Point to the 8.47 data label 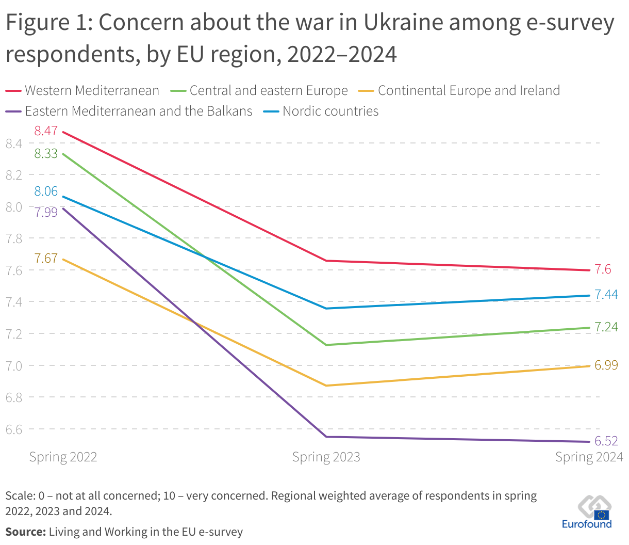46,131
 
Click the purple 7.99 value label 46,212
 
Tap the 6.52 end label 606,441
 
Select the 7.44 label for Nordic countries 606,295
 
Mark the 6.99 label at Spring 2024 606,365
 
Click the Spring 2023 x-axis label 326,457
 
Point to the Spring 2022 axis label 63,457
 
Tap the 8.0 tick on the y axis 14,207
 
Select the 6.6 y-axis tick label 14,429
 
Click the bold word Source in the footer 26,532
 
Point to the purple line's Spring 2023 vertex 326,437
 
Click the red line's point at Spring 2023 326,261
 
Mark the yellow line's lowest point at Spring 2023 326,386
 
